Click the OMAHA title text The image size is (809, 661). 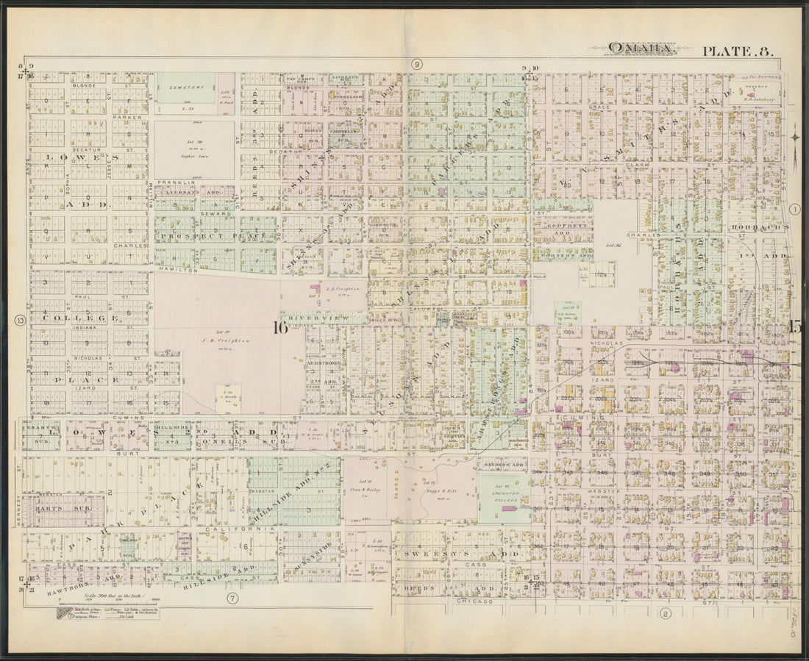click(x=641, y=49)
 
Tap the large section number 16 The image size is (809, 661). click(x=280, y=328)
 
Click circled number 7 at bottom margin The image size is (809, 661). click(x=233, y=598)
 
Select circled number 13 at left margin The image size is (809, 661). click(x=20, y=319)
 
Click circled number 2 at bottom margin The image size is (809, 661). click(x=666, y=614)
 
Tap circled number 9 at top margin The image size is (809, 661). click(x=416, y=64)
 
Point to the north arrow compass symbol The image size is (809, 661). click(x=796, y=136)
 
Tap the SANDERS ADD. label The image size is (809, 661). click(x=502, y=465)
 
